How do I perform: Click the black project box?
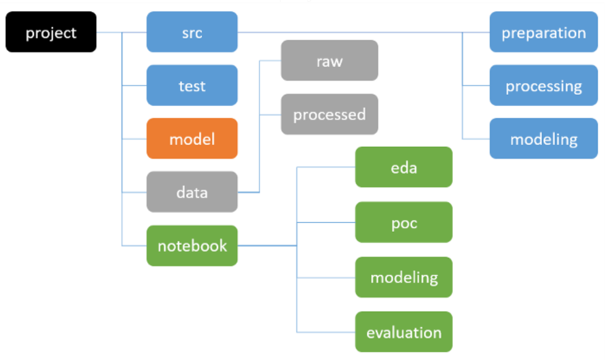[51, 32]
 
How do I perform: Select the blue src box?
[192, 32]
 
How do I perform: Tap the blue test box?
[192, 85]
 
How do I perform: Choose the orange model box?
[192, 139]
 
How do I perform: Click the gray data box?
[192, 192]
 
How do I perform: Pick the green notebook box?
[192, 246]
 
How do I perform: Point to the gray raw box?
[330, 60]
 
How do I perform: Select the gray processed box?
[330, 114]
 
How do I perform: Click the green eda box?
[404, 167]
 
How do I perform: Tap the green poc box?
[404, 222]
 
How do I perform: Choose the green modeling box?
[404, 277]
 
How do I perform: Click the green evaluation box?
[404, 331]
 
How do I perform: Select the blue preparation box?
[544, 32]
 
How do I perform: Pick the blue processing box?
[544, 85]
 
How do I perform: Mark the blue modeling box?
[544, 139]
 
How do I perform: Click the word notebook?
[193, 246]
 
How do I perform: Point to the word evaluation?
[404, 333]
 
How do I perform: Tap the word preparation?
[544, 33]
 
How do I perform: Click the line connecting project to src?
[121, 32]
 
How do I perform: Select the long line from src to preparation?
[364, 32]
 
